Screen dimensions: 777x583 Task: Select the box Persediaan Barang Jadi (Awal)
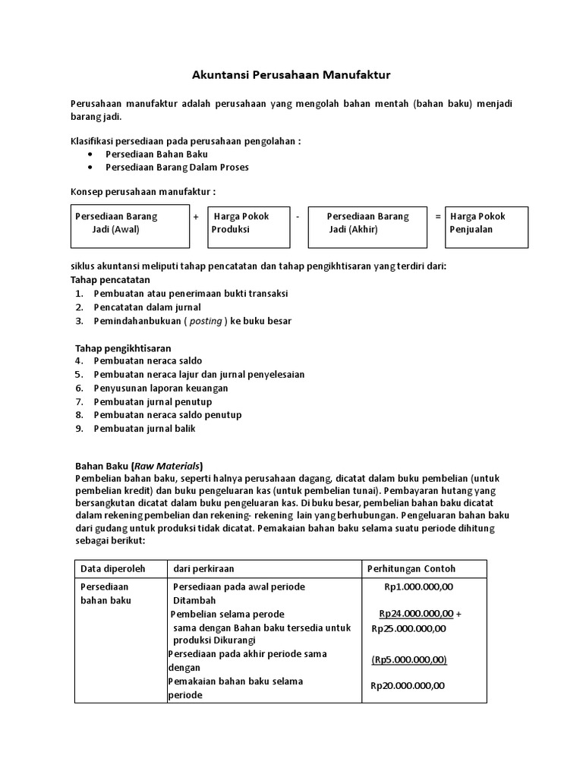(x=130, y=226)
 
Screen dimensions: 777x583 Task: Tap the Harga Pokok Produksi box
(x=249, y=226)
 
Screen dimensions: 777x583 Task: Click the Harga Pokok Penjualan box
(x=486, y=226)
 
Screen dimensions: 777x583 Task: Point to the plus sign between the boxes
(x=196, y=216)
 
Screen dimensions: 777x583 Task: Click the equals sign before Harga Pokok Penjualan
(x=438, y=216)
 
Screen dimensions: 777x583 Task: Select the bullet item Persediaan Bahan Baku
(x=156, y=153)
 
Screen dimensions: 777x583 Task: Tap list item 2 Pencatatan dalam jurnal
(x=147, y=307)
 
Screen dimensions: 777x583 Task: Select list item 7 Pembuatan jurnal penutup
(x=153, y=401)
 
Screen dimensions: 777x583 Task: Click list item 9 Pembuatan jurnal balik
(x=144, y=429)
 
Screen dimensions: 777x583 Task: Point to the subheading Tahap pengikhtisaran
(x=123, y=348)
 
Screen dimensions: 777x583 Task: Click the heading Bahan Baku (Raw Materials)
(x=139, y=466)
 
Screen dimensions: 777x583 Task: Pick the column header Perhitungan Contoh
(x=411, y=568)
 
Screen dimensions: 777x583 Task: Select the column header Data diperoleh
(x=112, y=568)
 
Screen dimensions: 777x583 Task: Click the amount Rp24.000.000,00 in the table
(x=417, y=614)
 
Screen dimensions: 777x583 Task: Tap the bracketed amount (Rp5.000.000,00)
(x=409, y=659)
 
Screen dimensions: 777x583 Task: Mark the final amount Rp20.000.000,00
(x=407, y=686)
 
